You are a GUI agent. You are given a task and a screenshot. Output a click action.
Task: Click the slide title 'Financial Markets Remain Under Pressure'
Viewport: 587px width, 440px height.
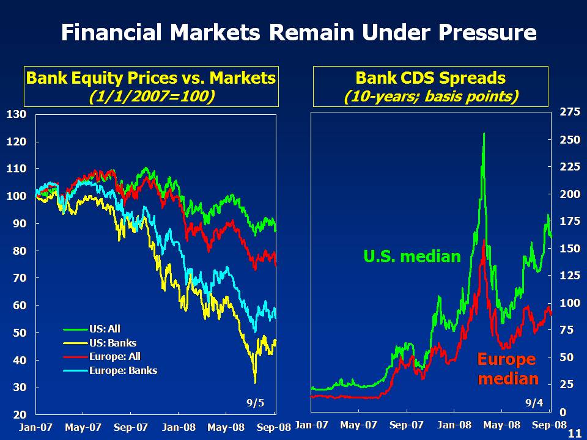click(x=298, y=32)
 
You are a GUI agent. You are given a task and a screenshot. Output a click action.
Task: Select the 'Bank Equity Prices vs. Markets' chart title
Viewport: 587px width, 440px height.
click(x=150, y=78)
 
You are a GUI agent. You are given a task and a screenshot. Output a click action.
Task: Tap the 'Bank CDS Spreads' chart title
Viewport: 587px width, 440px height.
click(x=430, y=78)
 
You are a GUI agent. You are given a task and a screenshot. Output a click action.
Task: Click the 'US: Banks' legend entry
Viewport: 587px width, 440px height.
click(x=113, y=343)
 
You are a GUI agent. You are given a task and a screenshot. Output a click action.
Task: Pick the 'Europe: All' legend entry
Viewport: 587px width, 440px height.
click(x=115, y=357)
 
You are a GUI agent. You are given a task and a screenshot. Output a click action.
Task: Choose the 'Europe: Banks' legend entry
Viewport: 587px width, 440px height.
click(x=123, y=370)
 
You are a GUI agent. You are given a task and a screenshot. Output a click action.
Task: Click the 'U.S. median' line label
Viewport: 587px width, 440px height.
click(x=412, y=256)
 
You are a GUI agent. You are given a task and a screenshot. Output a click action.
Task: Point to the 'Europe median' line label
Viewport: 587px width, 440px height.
click(x=508, y=369)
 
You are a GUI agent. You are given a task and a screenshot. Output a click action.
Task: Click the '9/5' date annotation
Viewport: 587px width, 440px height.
click(x=256, y=403)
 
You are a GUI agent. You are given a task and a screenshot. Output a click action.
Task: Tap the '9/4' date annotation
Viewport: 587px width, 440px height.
click(x=534, y=403)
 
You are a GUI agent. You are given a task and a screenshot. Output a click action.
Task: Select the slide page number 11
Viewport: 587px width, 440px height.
click(x=574, y=433)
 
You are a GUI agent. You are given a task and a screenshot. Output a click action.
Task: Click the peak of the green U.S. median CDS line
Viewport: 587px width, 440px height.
click(x=484, y=133)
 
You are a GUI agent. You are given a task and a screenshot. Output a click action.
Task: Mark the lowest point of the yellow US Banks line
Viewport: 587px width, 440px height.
click(x=255, y=382)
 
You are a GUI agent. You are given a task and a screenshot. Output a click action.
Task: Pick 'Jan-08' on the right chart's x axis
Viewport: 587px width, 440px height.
click(x=455, y=425)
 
